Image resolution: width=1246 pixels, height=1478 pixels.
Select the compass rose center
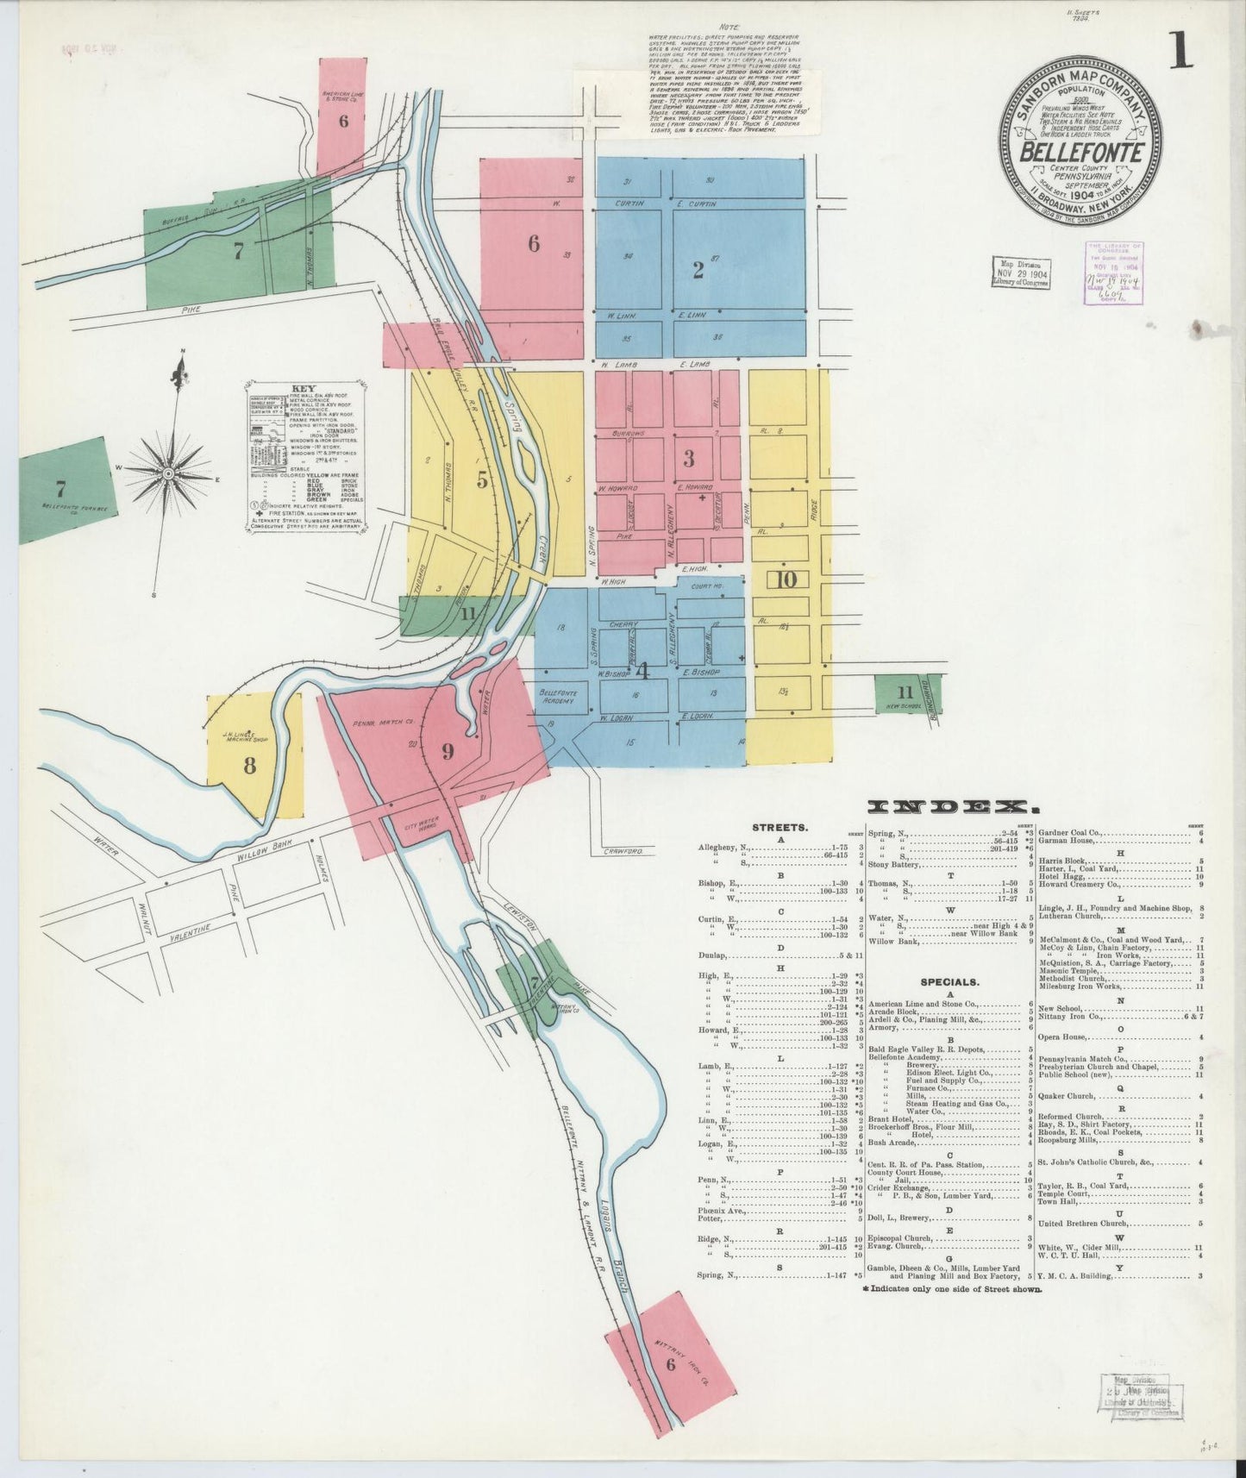click(169, 474)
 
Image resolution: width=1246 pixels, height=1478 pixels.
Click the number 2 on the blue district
click(698, 270)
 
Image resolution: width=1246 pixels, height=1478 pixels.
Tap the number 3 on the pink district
click(688, 458)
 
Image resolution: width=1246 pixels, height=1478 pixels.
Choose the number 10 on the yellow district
click(786, 579)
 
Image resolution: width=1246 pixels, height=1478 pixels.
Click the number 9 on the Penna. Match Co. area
click(448, 752)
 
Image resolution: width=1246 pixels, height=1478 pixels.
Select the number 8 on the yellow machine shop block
click(249, 765)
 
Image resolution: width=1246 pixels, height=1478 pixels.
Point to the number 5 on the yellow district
click(482, 480)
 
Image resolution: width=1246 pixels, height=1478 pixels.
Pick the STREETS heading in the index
click(780, 827)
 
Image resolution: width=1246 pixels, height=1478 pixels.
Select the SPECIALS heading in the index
click(949, 981)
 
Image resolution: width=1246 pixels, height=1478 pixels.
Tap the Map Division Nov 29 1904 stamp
click(1020, 272)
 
